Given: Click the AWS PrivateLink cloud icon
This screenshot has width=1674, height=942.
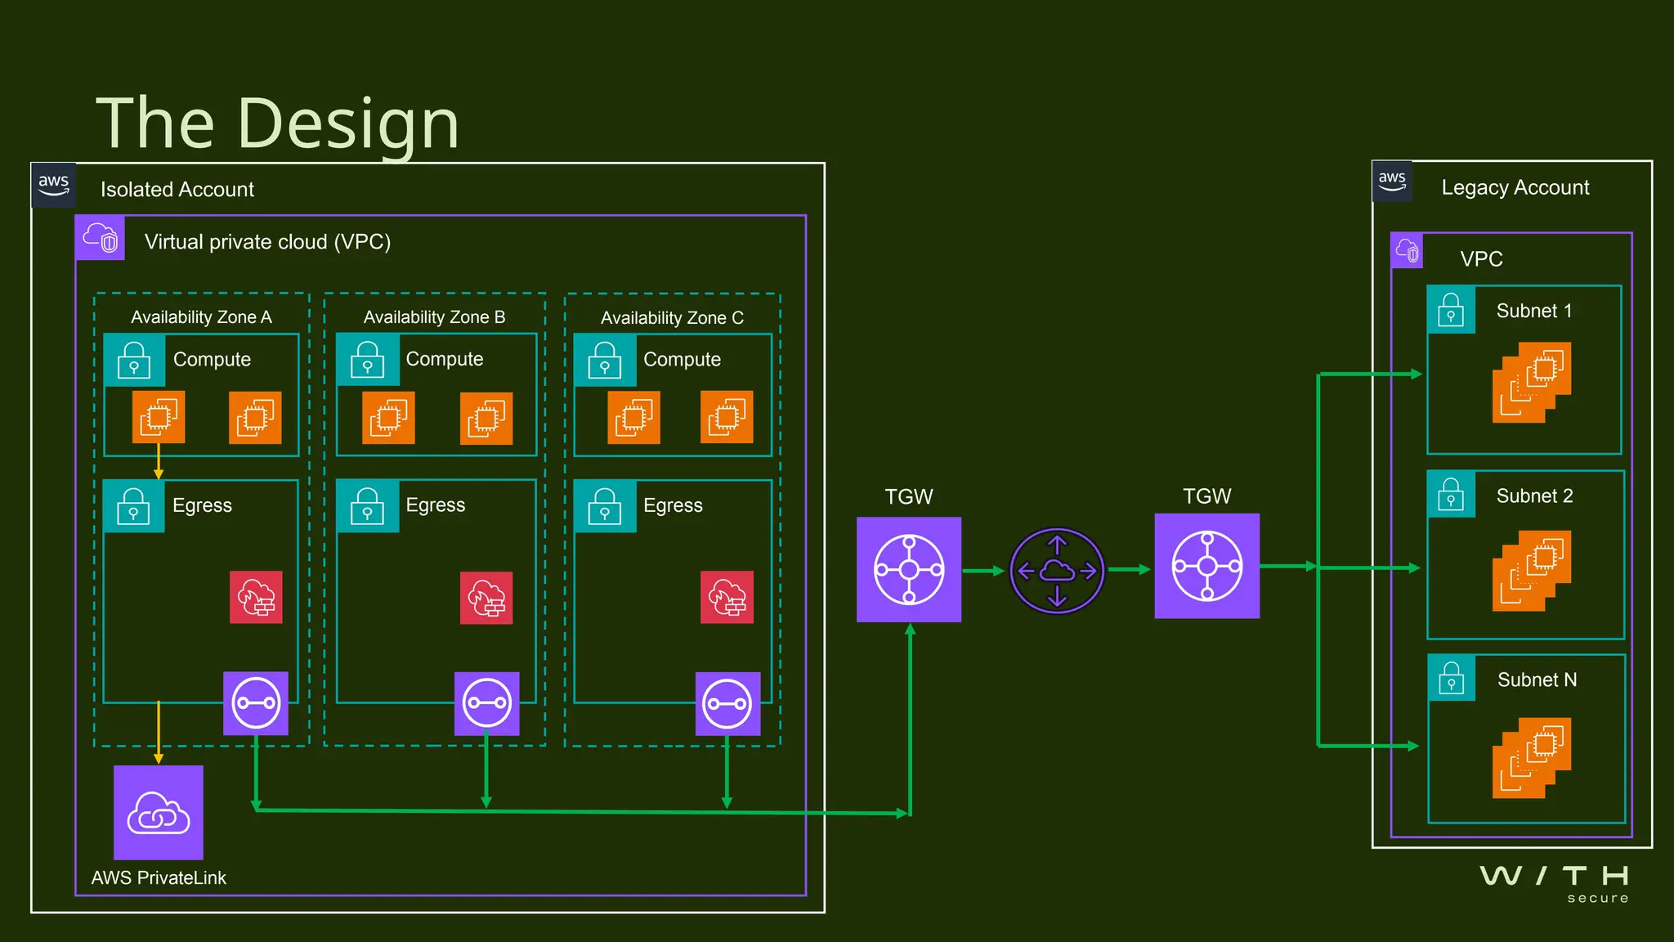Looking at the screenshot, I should point(159,812).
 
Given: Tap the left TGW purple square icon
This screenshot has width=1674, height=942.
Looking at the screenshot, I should point(909,569).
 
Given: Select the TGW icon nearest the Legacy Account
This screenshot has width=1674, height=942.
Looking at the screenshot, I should point(1206,566).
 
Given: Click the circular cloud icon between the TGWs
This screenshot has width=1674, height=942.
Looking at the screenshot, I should point(1057,571).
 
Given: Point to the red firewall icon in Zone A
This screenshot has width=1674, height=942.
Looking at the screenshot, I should point(256,597).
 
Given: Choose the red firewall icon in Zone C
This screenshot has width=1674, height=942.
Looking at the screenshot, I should point(727,597).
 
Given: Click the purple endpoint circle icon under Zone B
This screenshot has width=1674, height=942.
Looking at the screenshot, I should point(486,703).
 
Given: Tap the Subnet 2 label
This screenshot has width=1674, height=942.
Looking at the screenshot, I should point(1534,496).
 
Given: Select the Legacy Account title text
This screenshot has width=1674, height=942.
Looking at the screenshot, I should point(1515,187).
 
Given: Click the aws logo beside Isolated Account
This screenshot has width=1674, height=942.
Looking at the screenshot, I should point(54,185).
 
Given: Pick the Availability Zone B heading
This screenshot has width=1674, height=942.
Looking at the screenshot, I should point(434,316).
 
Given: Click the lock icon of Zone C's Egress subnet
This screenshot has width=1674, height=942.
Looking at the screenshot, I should point(605,505).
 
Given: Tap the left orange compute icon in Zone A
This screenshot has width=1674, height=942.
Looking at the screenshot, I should point(159,417).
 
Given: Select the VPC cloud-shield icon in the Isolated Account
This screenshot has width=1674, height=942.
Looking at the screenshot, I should point(100,238).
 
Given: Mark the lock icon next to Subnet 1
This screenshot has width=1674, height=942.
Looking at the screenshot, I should point(1451,310).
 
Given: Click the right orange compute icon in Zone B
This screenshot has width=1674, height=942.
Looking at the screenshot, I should point(486,419).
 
